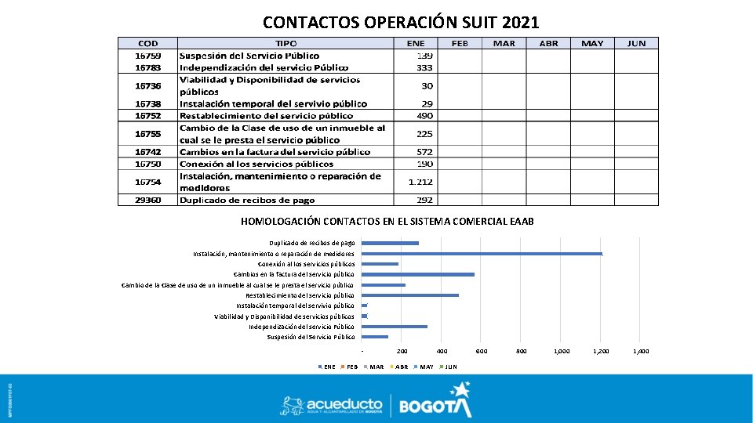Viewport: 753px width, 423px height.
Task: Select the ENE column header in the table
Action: click(x=416, y=43)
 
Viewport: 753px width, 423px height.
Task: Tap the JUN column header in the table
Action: click(x=636, y=43)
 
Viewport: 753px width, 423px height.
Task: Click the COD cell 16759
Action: click(x=147, y=56)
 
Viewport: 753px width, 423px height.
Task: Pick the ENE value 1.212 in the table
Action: click(x=420, y=182)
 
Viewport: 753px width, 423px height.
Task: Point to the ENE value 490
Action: click(x=424, y=115)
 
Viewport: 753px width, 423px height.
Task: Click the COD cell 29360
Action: click(x=147, y=200)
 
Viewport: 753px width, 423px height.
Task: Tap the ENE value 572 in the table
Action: click(x=424, y=151)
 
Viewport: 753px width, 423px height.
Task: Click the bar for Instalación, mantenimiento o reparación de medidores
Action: click(x=482, y=254)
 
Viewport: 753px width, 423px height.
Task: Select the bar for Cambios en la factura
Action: click(x=418, y=274)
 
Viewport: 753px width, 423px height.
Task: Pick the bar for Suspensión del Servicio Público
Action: click(x=375, y=337)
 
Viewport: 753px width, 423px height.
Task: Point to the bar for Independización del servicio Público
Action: click(x=395, y=327)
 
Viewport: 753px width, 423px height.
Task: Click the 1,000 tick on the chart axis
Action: click(x=562, y=352)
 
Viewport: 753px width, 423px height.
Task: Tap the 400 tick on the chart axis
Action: click(x=442, y=352)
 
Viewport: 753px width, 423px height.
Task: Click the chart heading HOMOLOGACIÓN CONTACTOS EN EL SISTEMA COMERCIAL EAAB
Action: click(x=387, y=222)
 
